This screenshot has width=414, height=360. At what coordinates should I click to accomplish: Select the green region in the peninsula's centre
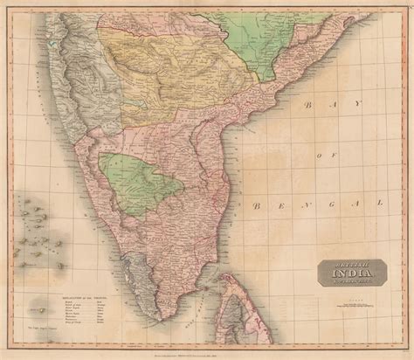point(141,182)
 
